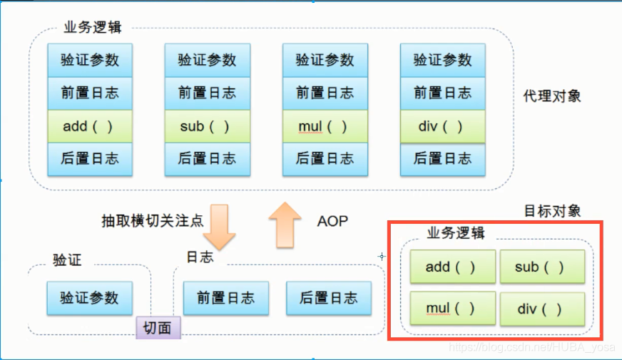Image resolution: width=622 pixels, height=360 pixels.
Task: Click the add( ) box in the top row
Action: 89,126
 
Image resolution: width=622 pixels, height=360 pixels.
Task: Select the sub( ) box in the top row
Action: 207,126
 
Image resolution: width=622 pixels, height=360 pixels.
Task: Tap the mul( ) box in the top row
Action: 325,126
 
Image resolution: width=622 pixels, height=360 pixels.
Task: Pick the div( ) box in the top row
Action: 442,126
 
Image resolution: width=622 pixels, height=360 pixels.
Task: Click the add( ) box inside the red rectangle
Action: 452,267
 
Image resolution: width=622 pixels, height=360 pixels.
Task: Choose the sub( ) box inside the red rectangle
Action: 541,267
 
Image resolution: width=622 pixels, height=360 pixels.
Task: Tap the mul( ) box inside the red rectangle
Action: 452,309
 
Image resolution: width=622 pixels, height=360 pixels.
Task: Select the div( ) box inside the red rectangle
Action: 541,309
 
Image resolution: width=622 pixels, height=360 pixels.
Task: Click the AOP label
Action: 332,221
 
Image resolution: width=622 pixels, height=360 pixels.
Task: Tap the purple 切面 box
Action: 158,327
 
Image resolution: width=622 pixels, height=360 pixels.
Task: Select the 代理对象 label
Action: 552,96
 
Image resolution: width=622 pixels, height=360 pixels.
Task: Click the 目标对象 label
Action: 552,210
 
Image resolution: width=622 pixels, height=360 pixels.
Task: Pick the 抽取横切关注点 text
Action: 153,221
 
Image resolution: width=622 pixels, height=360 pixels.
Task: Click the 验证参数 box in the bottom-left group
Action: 89,297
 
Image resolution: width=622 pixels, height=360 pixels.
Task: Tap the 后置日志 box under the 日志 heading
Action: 329,298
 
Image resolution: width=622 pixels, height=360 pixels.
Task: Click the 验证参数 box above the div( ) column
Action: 442,60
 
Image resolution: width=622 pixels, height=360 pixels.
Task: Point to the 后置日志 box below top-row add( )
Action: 89,159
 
